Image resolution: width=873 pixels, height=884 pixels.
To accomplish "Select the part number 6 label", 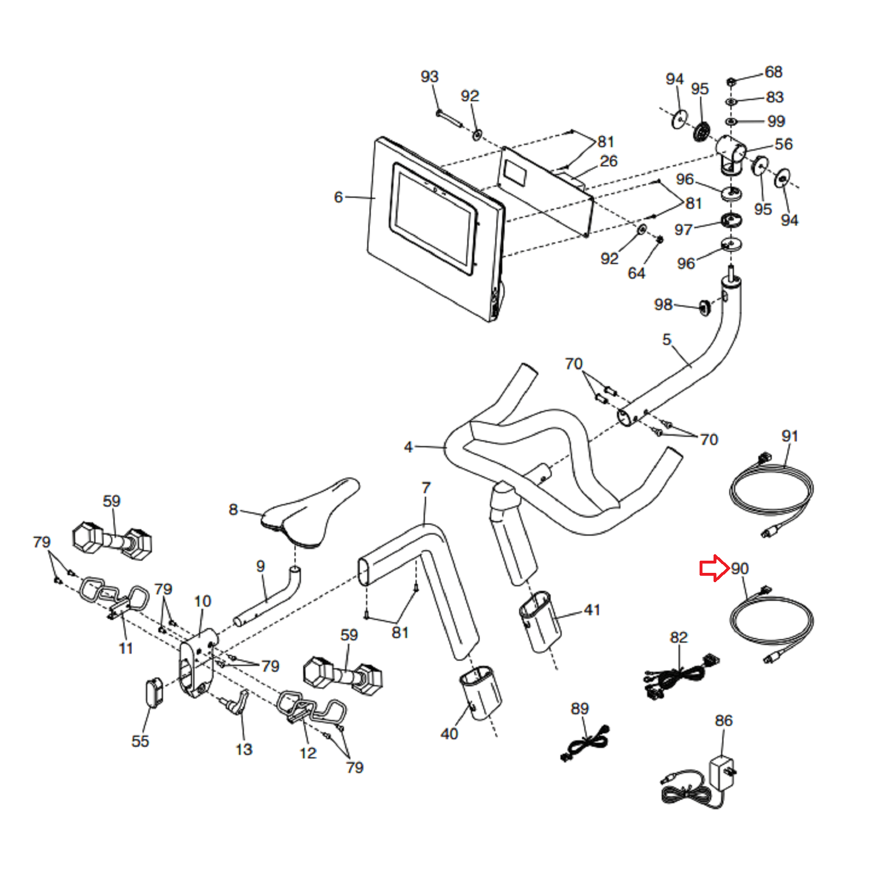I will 338,197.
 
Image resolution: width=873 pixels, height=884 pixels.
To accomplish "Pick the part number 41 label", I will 592,609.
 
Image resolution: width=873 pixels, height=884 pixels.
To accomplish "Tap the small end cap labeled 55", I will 153,691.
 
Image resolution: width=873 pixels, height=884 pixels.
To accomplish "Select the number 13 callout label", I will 244,749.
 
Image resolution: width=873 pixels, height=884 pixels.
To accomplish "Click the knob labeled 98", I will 704,306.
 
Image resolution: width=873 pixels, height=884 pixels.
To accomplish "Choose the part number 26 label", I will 609,161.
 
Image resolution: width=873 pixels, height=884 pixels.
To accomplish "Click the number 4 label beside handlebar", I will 408,447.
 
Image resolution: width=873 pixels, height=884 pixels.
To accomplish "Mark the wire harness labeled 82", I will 680,676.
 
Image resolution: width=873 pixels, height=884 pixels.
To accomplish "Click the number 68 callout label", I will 773,72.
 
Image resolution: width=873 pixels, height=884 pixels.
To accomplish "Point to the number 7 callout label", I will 426,487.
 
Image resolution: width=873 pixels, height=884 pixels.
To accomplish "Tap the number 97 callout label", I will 683,230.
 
